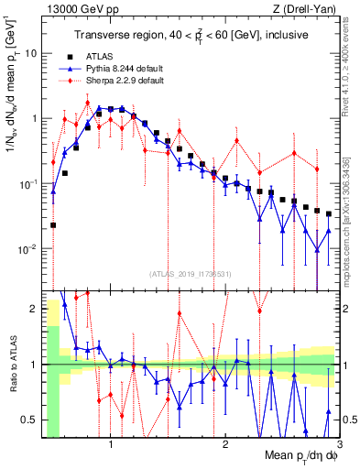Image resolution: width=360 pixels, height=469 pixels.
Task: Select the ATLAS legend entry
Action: point(112,57)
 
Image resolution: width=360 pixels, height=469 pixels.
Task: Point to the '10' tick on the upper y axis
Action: point(31,53)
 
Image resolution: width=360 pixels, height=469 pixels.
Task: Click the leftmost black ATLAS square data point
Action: point(53,224)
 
